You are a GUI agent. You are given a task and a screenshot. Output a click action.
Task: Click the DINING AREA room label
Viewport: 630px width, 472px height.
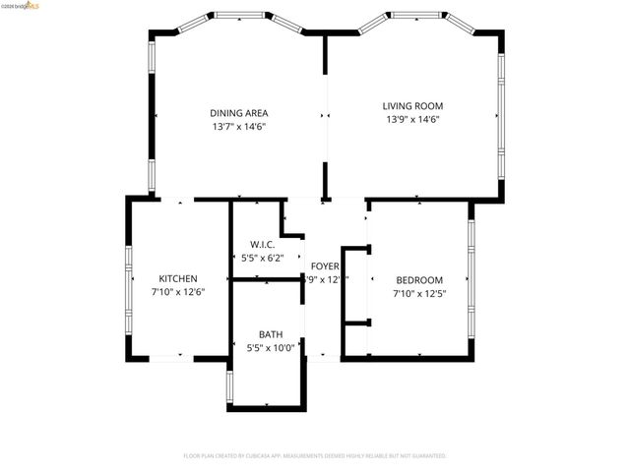click(x=238, y=113)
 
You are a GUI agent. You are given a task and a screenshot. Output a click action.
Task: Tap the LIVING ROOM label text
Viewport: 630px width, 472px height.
click(x=412, y=106)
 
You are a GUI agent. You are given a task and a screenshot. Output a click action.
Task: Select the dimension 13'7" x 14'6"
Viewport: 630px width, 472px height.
click(x=238, y=127)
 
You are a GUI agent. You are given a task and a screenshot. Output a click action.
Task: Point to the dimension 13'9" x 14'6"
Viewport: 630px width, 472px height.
click(x=412, y=120)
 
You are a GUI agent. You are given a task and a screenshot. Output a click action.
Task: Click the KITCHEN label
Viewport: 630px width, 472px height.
click(x=178, y=279)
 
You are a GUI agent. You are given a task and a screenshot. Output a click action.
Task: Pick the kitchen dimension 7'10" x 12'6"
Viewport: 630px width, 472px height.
click(x=178, y=293)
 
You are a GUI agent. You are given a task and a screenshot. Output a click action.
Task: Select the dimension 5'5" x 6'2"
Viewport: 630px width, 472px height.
click(x=261, y=258)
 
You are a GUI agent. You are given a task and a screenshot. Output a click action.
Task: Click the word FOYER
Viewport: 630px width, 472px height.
click(x=325, y=266)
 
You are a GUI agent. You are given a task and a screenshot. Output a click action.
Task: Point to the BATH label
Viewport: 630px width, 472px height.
click(x=270, y=334)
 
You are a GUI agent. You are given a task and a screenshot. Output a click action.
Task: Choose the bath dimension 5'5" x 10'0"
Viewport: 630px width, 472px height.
click(x=270, y=347)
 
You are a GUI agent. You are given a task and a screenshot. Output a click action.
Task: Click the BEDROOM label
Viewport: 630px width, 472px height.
click(x=419, y=279)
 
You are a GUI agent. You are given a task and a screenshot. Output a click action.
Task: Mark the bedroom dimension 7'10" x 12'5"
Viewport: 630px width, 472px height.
click(x=419, y=293)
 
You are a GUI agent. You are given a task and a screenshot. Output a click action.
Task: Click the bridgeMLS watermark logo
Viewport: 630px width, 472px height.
click(x=21, y=6)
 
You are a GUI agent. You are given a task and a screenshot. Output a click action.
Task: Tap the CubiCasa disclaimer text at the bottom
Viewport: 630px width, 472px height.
click(x=315, y=456)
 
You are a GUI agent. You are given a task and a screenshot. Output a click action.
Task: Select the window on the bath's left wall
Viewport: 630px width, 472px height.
click(x=229, y=387)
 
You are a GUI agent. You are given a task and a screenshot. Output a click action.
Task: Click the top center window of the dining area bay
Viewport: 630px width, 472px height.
click(x=240, y=15)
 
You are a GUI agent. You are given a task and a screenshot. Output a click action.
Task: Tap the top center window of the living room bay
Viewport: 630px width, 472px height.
click(x=415, y=15)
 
